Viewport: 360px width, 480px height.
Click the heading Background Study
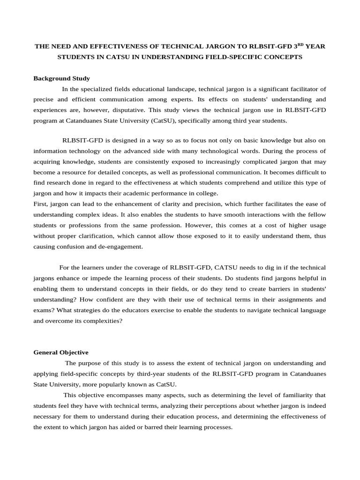point(61,78)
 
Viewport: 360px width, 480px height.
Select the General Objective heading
point(60,352)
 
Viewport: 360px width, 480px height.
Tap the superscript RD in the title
point(301,45)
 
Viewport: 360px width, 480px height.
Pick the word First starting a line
point(40,204)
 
